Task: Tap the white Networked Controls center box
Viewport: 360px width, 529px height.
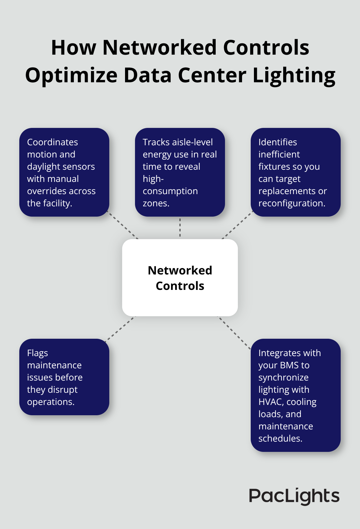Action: [x=180, y=278]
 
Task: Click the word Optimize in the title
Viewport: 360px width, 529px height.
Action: [x=71, y=76]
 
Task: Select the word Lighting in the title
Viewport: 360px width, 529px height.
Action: [x=294, y=76]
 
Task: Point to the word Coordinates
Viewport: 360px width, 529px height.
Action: [x=52, y=142]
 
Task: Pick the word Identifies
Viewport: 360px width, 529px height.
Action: [x=278, y=142]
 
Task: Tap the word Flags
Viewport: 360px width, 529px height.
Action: [x=37, y=353]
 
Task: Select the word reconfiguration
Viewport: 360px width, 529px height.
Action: [x=292, y=203]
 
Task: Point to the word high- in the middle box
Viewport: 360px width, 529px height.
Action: [x=153, y=179]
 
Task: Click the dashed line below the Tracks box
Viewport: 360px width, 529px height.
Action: [x=180, y=228]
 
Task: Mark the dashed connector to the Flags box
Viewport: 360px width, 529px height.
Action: [x=121, y=328]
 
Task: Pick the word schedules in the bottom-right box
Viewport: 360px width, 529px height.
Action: [x=280, y=438]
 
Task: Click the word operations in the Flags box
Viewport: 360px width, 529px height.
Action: [x=50, y=402]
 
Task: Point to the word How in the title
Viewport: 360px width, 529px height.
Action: [x=74, y=48]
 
